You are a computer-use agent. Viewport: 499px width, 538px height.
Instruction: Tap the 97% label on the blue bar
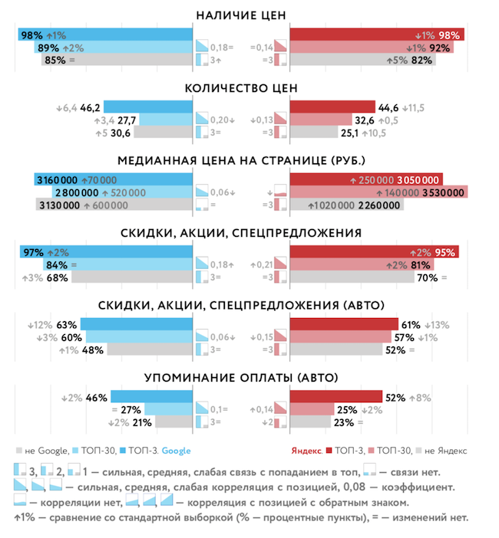pos(32,252)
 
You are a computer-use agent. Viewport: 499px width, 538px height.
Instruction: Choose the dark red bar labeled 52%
pos(335,396)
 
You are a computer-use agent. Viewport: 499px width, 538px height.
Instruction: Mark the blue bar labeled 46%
pos(150,396)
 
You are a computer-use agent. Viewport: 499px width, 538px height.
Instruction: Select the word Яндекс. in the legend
pos(307,451)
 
